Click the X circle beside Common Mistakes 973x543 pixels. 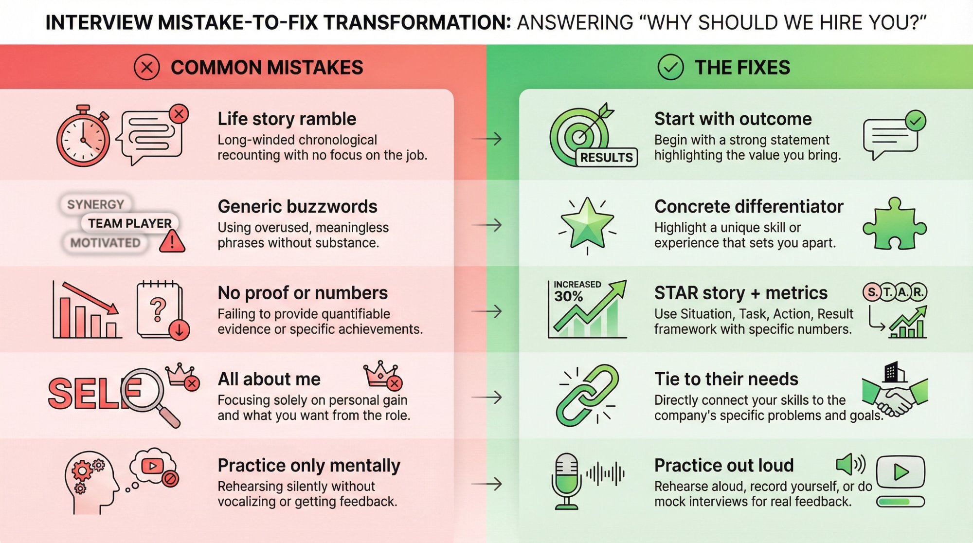pos(146,67)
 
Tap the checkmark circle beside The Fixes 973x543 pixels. pos(670,67)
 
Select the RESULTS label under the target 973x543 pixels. pos(606,157)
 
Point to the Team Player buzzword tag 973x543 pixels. pos(129,223)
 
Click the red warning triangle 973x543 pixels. pos(172,241)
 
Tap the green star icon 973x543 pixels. pos(587,223)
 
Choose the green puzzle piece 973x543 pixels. pos(894,224)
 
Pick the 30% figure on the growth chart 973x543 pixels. pos(568,296)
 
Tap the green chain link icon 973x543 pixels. pos(587,396)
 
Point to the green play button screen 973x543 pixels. pos(900,471)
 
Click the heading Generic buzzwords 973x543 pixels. pos(297,207)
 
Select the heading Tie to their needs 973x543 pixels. pos(726,379)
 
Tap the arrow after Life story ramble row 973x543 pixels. pos(487,139)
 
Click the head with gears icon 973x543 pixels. pos(90,482)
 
